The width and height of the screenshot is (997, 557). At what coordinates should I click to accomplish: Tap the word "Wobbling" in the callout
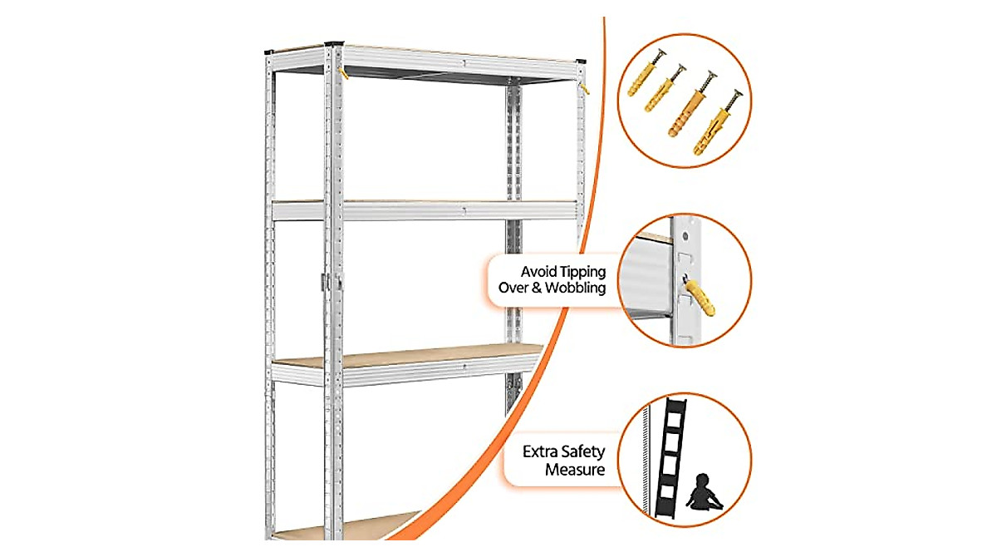pos(572,288)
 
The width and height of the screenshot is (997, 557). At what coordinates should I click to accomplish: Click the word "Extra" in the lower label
pos(541,452)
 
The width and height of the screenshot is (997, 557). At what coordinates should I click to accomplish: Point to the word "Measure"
pos(575,470)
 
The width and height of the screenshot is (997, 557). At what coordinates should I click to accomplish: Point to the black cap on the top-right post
pos(579,62)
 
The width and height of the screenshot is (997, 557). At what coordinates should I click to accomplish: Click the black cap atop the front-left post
pos(334,42)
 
